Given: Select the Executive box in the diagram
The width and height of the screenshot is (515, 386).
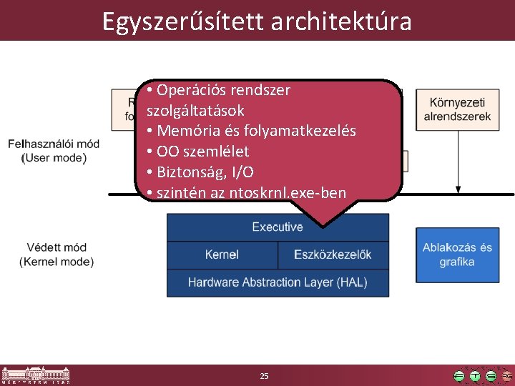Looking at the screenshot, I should click(278, 227).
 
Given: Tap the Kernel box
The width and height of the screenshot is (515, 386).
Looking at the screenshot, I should click(222, 254).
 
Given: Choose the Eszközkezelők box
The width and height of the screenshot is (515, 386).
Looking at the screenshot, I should click(333, 254).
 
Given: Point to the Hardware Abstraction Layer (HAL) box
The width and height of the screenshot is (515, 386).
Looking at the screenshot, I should click(278, 282).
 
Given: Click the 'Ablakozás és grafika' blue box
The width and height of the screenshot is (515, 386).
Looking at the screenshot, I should click(457, 254).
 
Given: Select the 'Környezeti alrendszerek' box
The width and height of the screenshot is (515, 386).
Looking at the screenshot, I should click(457, 109).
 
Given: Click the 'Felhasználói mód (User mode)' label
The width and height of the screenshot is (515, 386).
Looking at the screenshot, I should click(54, 151).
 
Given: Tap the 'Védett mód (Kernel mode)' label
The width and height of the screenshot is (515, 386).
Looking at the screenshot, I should click(56, 254).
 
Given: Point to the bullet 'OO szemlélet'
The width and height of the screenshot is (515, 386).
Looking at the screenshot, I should click(202, 152).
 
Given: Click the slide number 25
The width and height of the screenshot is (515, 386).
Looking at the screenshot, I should click(264, 376).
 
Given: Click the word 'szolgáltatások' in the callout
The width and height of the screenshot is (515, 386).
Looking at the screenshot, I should click(195, 111).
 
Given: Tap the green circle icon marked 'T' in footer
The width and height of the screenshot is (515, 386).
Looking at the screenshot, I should click(475, 376).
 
